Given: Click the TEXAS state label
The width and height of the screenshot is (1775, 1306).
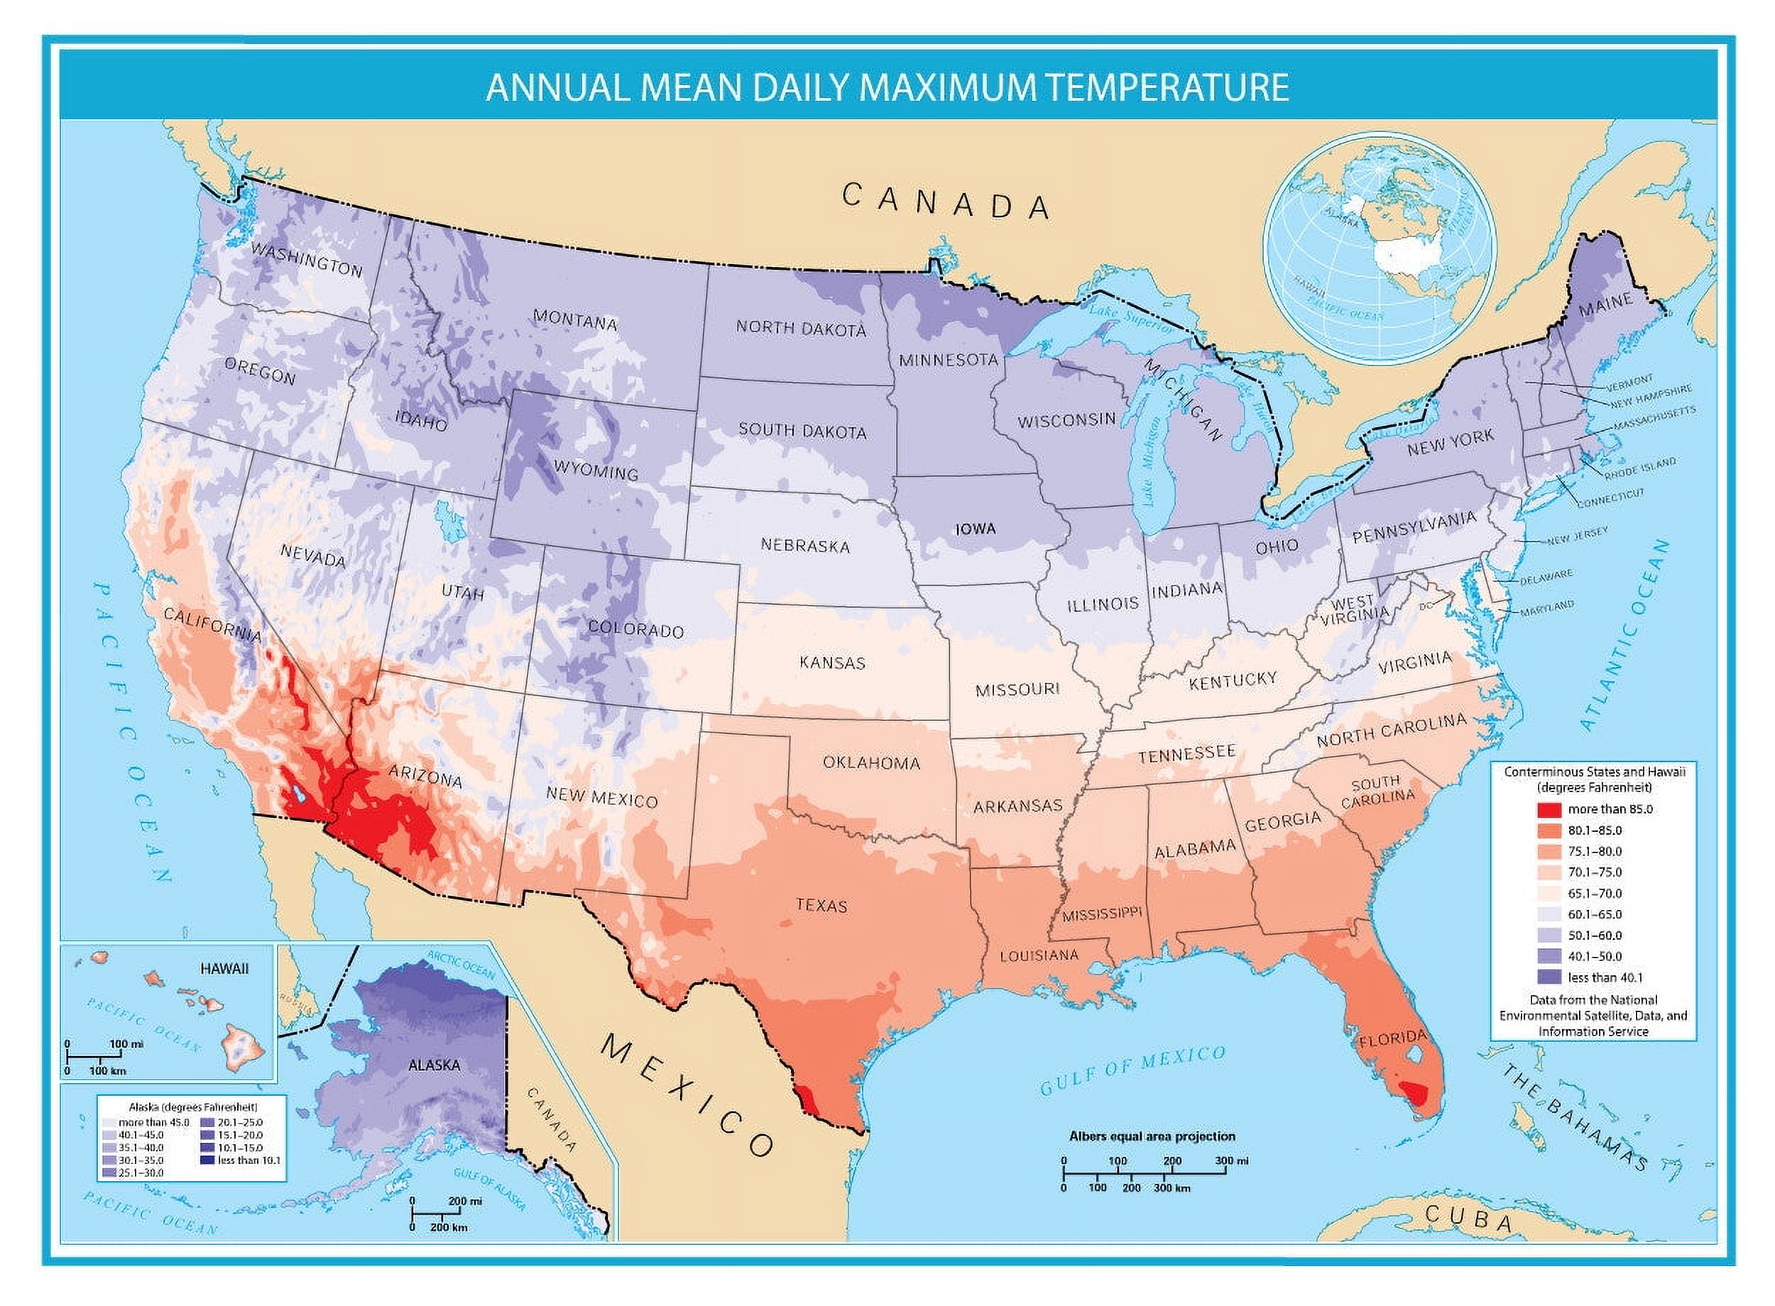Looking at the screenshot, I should pos(821,905).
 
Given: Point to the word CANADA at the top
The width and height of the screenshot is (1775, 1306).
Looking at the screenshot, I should pos(946,201).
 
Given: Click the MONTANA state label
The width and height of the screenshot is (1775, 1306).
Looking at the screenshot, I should pos(575,320).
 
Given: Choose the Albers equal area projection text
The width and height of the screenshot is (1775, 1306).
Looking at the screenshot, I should pos(1152,1137).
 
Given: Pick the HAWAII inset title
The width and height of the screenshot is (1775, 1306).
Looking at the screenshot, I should pos(224,968).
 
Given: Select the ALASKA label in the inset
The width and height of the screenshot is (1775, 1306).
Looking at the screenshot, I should pos(434,1065).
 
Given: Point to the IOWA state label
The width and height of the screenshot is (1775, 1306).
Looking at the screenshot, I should pos(975,529).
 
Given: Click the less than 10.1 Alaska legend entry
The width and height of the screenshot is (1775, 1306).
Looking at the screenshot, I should pos(248,1160).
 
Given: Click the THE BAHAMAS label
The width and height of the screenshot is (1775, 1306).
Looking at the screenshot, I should pos(1573,1119).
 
